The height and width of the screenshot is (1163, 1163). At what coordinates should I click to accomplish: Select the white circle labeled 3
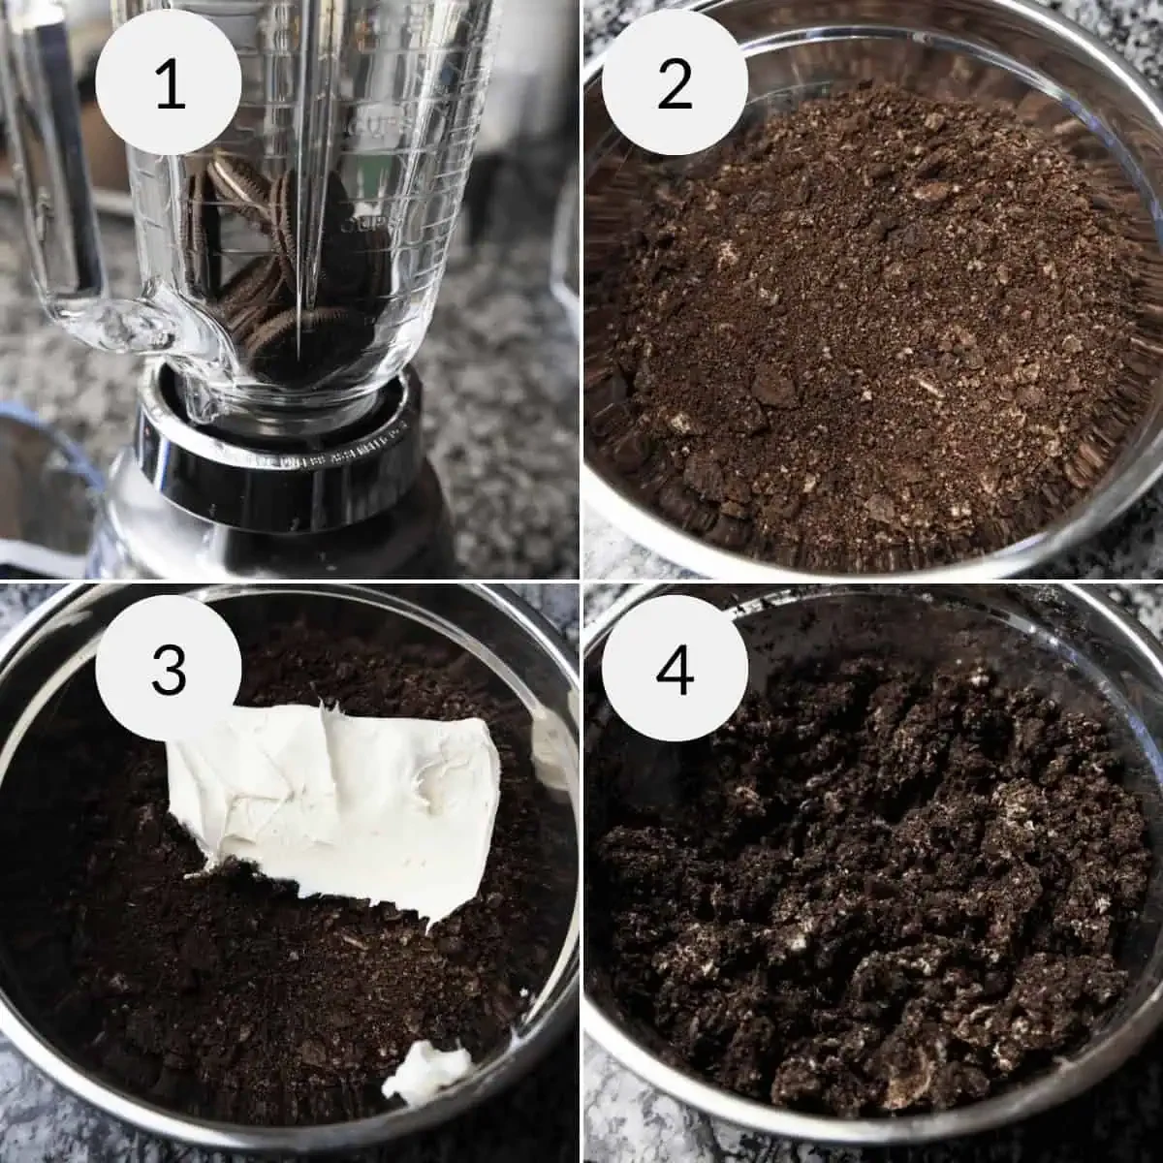pyautogui.click(x=169, y=669)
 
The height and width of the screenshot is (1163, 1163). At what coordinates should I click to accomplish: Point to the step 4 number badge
pyautogui.click(x=675, y=669)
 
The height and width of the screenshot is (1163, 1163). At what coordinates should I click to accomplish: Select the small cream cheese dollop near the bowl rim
pyautogui.click(x=426, y=1071)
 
